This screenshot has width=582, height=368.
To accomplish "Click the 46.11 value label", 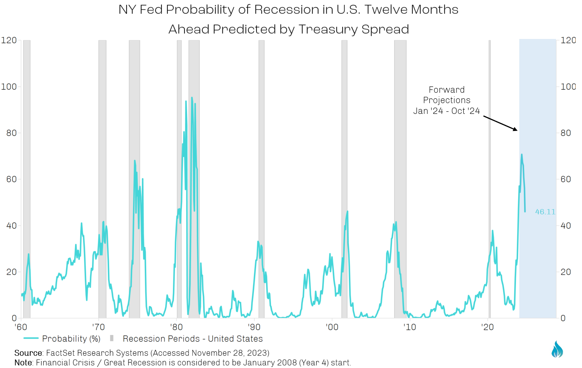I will [x=545, y=212].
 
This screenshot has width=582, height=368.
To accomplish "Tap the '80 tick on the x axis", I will [x=177, y=327].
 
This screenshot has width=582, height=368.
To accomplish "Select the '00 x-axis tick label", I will [x=332, y=327].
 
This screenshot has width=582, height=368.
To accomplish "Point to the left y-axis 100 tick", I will [x=9, y=86].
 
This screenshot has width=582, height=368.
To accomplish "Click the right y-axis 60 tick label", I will [x=566, y=179].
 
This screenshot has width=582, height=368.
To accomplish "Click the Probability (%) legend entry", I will [x=62, y=339].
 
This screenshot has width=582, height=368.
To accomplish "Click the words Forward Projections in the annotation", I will [x=447, y=95].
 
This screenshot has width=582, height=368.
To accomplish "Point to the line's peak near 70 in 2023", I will [x=521, y=155].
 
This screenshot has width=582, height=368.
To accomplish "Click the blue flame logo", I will [x=557, y=349].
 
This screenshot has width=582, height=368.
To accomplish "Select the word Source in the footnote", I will [x=28, y=353].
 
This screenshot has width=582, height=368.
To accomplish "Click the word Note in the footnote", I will [x=23, y=362].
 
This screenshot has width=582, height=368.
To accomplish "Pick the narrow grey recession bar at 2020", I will [x=490, y=178].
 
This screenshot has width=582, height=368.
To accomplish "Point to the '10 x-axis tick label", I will [x=410, y=327].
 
